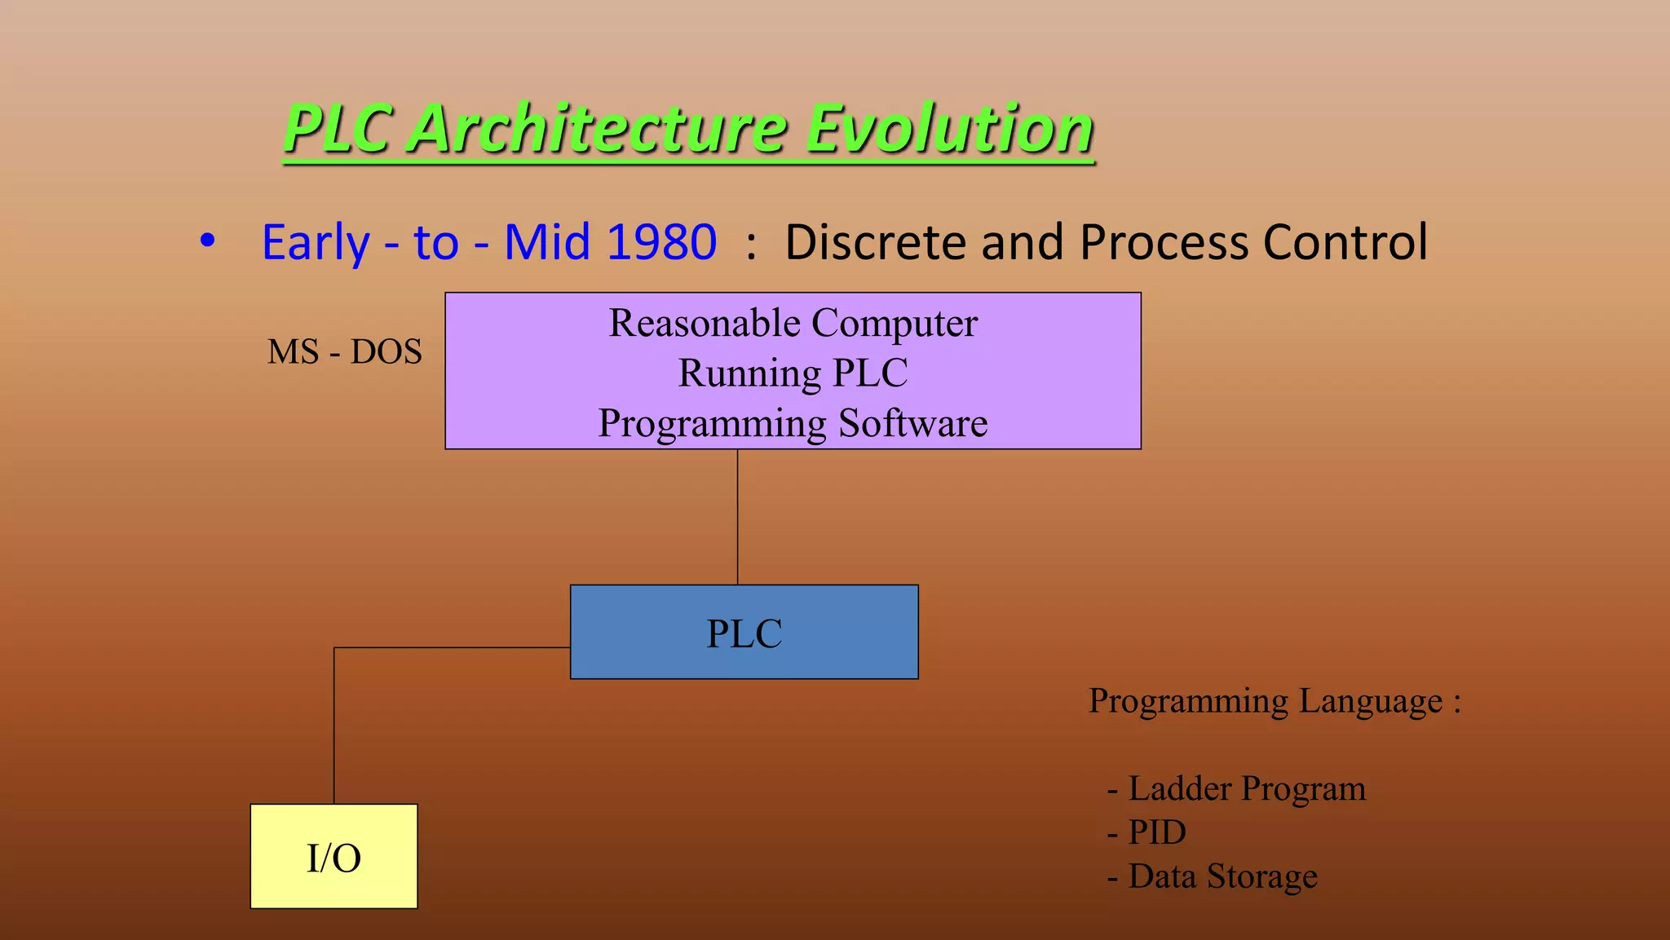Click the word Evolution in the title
tap(949, 128)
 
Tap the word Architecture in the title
tap(597, 128)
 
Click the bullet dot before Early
tap(208, 241)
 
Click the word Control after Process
tap(1345, 242)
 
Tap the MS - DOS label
tap(344, 352)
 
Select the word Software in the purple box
tap(912, 423)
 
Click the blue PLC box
tap(744, 633)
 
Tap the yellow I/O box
tap(334, 857)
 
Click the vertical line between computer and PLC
tap(737, 517)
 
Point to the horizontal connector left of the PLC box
tap(453, 647)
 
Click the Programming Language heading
tap(1274, 701)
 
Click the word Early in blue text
tap(316, 242)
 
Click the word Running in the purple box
tap(749, 373)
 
